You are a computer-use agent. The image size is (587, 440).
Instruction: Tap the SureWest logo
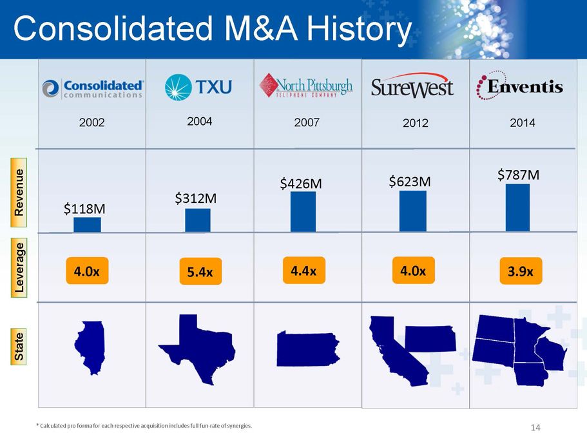coord(412,88)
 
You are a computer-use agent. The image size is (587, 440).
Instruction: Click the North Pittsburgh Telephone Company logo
coord(306,86)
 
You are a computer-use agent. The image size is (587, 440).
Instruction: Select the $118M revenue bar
coord(87,224)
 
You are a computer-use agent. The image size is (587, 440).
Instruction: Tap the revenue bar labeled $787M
coord(517,207)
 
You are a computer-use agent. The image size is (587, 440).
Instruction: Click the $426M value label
coord(301,184)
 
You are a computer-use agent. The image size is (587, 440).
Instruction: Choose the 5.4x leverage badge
coord(200,271)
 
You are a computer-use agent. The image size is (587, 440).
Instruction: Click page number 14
coord(534,427)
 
